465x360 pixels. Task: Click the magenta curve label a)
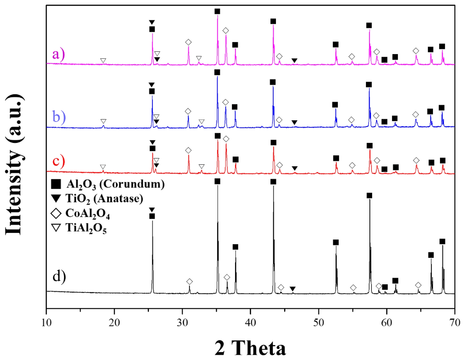tap(58, 54)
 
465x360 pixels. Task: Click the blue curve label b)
tap(59, 117)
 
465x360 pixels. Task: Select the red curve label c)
tap(58, 161)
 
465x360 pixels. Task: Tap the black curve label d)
tap(59, 276)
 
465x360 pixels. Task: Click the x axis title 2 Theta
tap(250, 348)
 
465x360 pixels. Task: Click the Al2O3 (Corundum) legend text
tap(115, 184)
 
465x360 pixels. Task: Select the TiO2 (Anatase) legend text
tap(104, 199)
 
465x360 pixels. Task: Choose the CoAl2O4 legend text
tap(88, 214)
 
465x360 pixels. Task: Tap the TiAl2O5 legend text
tap(86, 228)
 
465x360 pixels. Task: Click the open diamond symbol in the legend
tap(56, 213)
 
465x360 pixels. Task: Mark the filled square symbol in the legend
tap(56, 184)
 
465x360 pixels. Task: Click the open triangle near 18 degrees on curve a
tap(103, 60)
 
